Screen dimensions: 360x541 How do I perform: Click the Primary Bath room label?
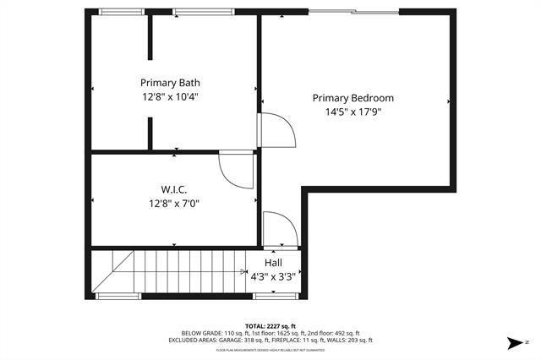(170, 83)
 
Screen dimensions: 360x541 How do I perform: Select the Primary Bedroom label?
(352, 98)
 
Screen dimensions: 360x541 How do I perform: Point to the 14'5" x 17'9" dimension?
(352, 112)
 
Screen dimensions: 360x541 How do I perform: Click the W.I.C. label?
(174, 188)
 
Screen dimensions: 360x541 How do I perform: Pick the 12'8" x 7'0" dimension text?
(174, 202)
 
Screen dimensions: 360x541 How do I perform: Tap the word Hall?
(273, 263)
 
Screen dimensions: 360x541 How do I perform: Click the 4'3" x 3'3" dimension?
(273, 275)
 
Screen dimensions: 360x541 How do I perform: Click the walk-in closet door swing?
(237, 168)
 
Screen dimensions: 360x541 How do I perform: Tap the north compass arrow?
(515, 342)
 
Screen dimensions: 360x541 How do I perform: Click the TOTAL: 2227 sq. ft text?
(270, 325)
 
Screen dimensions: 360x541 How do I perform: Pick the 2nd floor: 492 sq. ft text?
(333, 333)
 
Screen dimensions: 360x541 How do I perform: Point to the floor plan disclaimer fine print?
(270, 349)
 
